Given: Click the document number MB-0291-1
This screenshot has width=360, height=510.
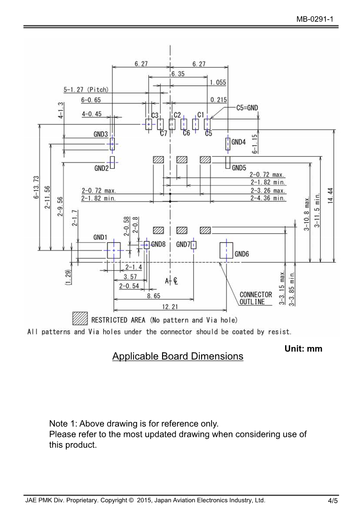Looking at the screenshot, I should [x=317, y=19].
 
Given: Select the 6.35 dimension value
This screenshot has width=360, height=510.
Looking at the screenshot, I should [x=178, y=74].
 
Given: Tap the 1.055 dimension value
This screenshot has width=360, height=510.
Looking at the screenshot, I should [x=218, y=82].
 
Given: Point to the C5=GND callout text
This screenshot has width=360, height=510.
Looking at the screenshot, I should [x=247, y=108].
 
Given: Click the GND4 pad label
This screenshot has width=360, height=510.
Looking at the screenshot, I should [x=238, y=142].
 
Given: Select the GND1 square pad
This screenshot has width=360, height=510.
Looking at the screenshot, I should [x=113, y=250].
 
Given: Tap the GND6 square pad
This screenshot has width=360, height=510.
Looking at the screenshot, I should [x=226, y=250].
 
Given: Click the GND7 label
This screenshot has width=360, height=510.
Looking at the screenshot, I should [x=183, y=244].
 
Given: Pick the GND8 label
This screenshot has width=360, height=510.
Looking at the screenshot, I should [x=158, y=244].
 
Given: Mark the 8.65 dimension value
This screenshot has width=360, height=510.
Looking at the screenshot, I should [x=153, y=296].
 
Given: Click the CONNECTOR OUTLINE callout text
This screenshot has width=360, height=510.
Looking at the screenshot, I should [x=256, y=298].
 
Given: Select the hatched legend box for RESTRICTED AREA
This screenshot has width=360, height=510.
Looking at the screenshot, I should [x=80, y=319].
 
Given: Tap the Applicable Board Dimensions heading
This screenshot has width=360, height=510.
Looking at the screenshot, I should [x=178, y=357].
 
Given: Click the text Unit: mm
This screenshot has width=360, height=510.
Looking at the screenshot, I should [x=303, y=349].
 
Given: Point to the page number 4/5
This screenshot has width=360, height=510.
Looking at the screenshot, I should [x=333, y=501].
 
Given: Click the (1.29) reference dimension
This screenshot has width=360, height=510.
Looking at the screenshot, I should [x=68, y=277].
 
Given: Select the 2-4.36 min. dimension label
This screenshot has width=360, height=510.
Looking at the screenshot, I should [x=268, y=198].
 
